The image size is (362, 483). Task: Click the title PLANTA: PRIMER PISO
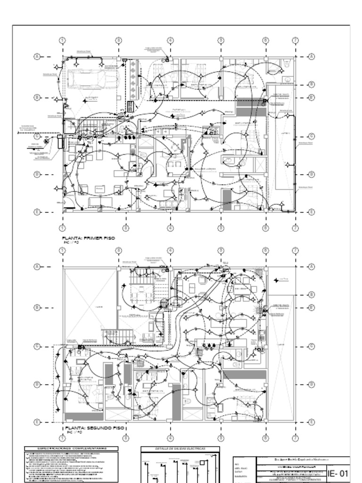coord(89,239)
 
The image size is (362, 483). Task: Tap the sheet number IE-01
coord(338,473)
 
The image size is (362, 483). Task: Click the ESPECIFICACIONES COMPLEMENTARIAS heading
coord(72,449)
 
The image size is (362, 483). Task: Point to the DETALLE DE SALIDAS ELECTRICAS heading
coord(180,449)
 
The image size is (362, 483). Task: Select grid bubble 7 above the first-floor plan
coord(295,40)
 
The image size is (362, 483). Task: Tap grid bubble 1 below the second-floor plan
coord(63,439)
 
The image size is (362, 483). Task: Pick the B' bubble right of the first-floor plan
coord(311,98)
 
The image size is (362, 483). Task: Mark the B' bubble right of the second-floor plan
coord(311,308)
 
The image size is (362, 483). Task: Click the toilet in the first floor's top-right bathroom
coord(287,66)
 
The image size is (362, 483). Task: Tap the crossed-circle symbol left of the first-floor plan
coord(46,141)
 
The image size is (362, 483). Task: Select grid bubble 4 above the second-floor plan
coord(170,250)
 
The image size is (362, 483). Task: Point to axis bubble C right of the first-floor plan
coord(311,136)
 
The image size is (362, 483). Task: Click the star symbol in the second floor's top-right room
coord(276,280)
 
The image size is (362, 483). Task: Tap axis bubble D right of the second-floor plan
coord(311,384)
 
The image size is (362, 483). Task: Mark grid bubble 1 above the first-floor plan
coord(63,40)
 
